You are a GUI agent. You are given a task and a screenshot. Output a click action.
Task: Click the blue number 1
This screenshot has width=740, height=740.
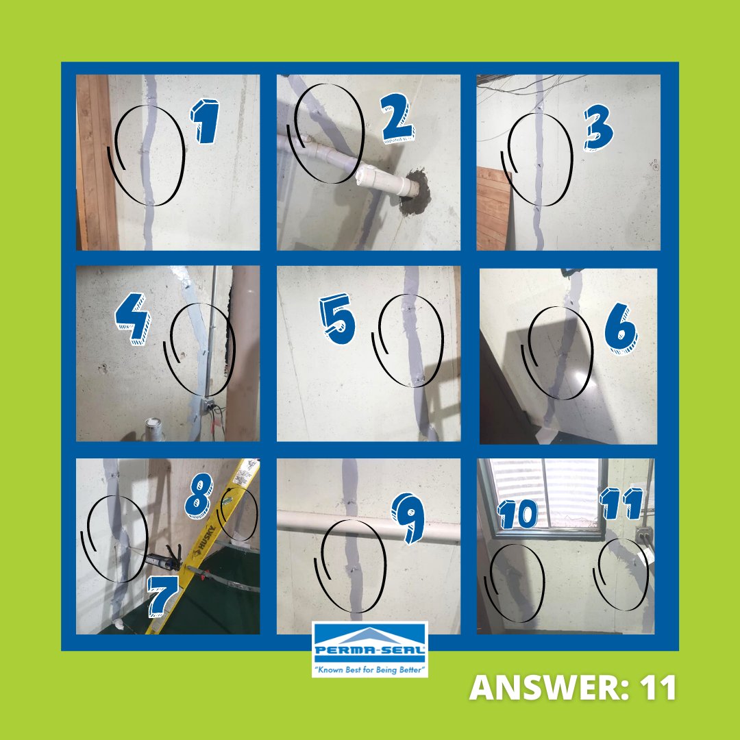[205, 122]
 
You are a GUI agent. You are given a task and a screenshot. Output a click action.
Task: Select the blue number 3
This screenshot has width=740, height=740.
[599, 126]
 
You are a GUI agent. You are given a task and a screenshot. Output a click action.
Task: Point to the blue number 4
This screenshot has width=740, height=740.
[132, 323]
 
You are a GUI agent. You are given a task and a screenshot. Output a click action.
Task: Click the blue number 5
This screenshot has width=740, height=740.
[338, 322]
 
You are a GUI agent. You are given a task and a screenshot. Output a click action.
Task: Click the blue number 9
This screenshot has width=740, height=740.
[408, 519]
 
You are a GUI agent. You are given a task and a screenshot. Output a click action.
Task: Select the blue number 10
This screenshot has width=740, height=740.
[518, 512]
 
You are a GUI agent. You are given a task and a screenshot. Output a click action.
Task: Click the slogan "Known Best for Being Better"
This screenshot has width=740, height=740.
[370, 667]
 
